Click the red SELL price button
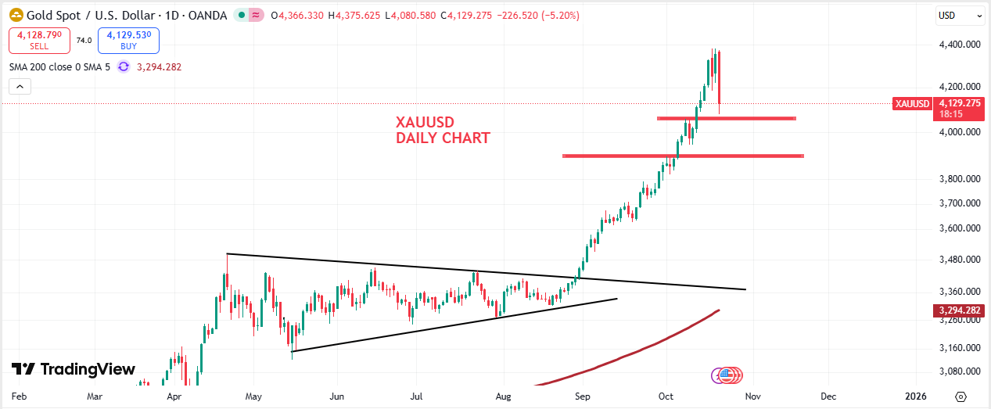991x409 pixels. click(x=39, y=40)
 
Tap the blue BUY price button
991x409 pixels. click(x=128, y=40)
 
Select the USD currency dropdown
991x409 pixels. click(x=960, y=15)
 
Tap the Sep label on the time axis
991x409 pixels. click(x=583, y=396)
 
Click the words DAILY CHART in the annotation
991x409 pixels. click(x=443, y=138)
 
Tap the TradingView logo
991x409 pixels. click(x=74, y=369)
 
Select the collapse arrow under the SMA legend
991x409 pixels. click(x=20, y=87)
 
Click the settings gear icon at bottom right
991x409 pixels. click(x=960, y=396)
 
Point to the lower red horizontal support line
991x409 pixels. click(x=683, y=156)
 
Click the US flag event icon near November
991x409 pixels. click(x=727, y=375)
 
